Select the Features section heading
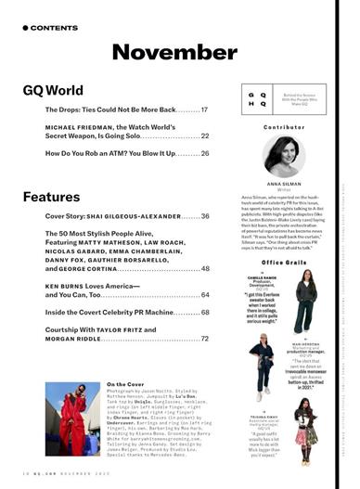coord(52,197)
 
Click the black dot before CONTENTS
coord(25,28)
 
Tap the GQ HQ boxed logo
coord(261,98)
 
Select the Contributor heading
coord(284,126)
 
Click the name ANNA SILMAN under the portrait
coord(284,184)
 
